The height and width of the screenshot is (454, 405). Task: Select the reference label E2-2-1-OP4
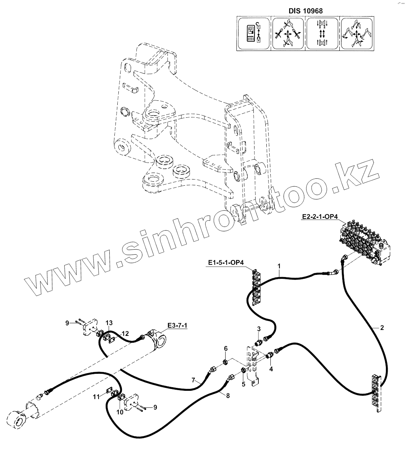pyautogui.click(x=319, y=217)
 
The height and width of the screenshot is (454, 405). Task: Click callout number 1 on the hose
pyautogui.click(x=279, y=267)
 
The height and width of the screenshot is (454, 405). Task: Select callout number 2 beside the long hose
pyautogui.click(x=382, y=328)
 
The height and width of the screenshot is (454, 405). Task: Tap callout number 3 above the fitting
pyautogui.click(x=259, y=329)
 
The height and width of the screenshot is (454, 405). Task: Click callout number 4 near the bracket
pyautogui.click(x=271, y=369)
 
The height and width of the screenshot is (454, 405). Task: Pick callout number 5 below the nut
pyautogui.click(x=244, y=384)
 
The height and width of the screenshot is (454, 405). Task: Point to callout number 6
pyautogui.click(x=226, y=349)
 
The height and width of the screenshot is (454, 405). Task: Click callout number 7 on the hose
pyautogui.click(x=193, y=380)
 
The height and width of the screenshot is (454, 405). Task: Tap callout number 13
pyautogui.click(x=109, y=322)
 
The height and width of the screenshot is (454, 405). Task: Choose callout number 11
pyautogui.click(x=96, y=397)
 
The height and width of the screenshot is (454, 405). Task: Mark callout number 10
pyautogui.click(x=120, y=412)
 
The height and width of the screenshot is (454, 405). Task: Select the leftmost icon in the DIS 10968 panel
pyautogui.click(x=253, y=34)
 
